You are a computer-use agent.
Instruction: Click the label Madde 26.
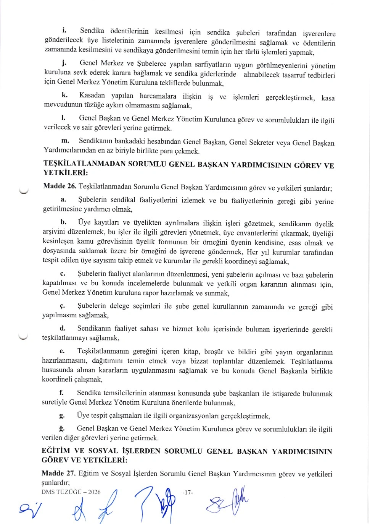60,186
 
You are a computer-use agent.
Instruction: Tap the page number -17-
188,492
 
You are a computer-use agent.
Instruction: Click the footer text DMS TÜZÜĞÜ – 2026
71,492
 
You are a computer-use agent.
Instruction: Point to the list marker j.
64,63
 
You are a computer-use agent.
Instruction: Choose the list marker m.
65,141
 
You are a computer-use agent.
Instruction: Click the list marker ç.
63,306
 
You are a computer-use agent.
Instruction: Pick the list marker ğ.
62,428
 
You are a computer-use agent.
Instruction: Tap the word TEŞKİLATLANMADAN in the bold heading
84,164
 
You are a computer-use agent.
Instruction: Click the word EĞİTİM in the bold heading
56,451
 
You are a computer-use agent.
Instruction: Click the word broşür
214,352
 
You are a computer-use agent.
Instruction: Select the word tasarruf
294,75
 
